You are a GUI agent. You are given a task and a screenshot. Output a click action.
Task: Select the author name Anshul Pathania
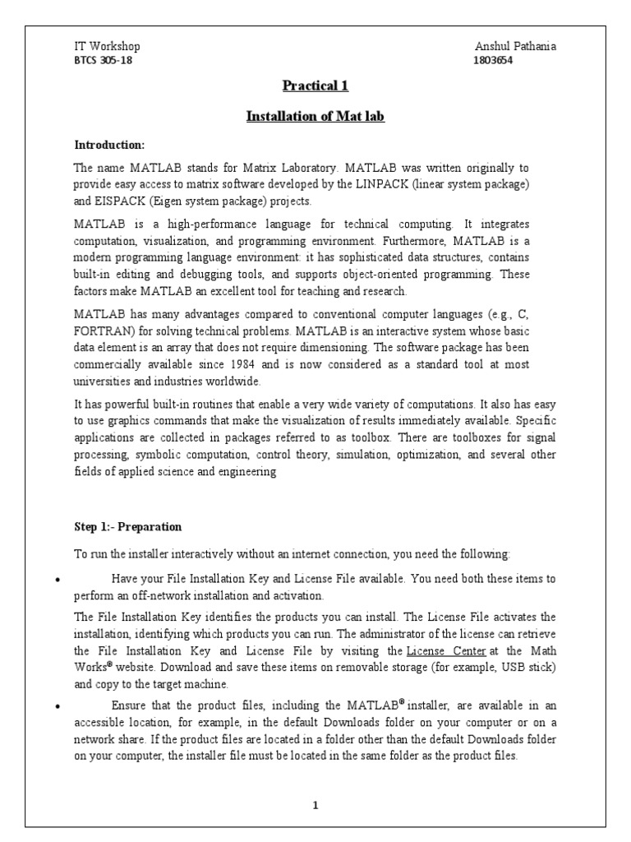[x=515, y=47]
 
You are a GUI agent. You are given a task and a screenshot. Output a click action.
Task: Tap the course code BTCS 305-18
[x=103, y=61]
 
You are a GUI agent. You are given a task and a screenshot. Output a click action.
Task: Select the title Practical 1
[x=315, y=86]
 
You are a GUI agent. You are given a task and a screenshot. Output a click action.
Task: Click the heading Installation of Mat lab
[x=315, y=117]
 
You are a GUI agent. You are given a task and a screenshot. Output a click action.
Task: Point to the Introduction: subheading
[x=109, y=146]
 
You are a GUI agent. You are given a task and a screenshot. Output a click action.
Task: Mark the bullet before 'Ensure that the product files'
[x=58, y=706]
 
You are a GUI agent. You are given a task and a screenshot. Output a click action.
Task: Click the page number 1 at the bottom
[x=315, y=805]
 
